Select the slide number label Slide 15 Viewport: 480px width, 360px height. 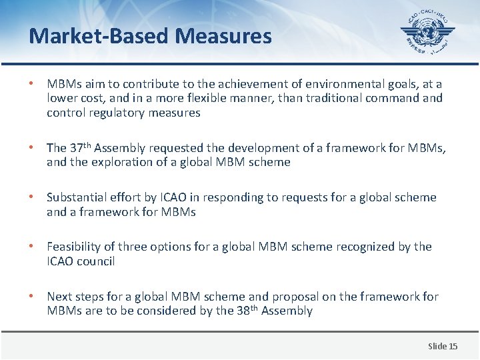pos(443,346)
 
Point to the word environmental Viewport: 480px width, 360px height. pos(332,84)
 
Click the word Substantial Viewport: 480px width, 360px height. pos(75,197)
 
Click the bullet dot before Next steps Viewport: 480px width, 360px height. pos(31,297)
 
